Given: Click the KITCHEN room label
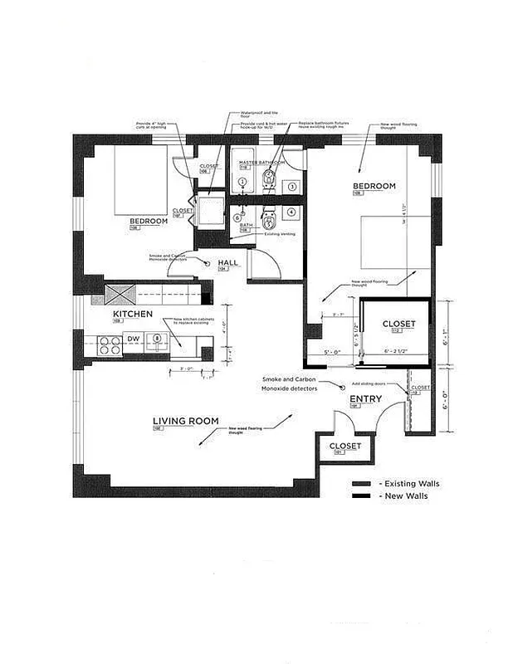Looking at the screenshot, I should pyautogui.click(x=133, y=315).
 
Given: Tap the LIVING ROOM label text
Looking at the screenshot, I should pyautogui.click(x=185, y=422).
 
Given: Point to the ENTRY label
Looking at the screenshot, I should pyautogui.click(x=365, y=399).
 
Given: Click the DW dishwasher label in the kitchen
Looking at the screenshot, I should pyautogui.click(x=133, y=339).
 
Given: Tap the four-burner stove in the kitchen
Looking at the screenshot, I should pyautogui.click(x=110, y=344).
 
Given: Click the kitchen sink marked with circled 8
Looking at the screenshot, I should pyautogui.click(x=155, y=339).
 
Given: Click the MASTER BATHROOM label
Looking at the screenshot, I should pyautogui.click(x=261, y=163).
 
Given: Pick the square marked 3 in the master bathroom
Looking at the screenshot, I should pyautogui.click(x=292, y=188).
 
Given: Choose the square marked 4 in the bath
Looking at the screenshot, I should pyautogui.click(x=292, y=212).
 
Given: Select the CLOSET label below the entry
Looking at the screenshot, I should pyautogui.click(x=345, y=447).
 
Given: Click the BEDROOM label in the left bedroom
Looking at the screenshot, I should pyautogui.click(x=148, y=222).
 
